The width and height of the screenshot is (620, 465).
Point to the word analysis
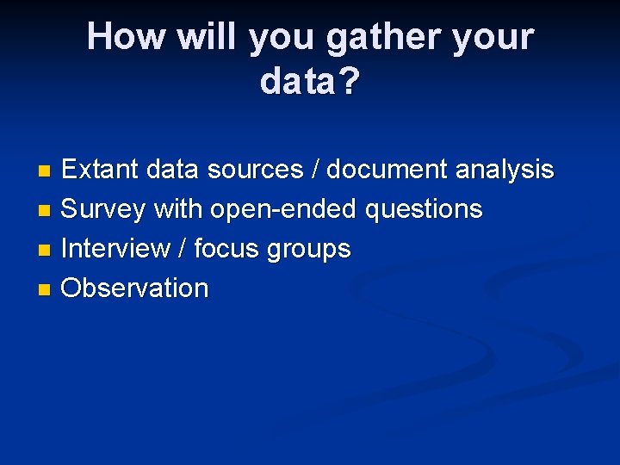pyautogui.click(x=504, y=170)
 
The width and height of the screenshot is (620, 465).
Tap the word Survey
pyautogui.click(x=103, y=209)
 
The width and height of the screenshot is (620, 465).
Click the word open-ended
pyautogui.click(x=283, y=209)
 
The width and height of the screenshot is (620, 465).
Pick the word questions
pyautogui.click(x=424, y=209)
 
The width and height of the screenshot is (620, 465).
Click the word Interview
pyautogui.click(x=116, y=249)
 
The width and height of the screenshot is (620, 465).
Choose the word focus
pyautogui.click(x=226, y=249)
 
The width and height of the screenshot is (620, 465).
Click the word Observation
pyautogui.click(x=134, y=288)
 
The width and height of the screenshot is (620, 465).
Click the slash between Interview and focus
pyautogui.click(x=182, y=249)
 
